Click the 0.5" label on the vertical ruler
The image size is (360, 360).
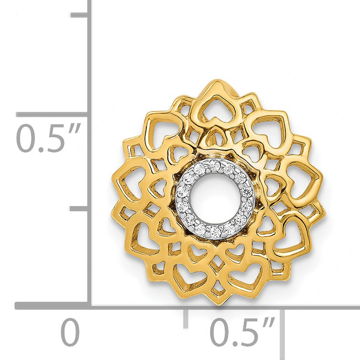pos(49,138)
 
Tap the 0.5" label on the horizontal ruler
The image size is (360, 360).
pos(242,332)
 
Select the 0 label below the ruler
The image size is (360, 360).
pos(70,332)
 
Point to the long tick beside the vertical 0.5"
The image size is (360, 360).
pos(52,114)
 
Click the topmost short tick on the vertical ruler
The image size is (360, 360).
pos(79,15)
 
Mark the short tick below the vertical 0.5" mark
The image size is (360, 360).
pos(79,208)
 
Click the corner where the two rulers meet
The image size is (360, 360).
pos(90,306)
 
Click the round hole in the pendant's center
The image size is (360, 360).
pos(215,199)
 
